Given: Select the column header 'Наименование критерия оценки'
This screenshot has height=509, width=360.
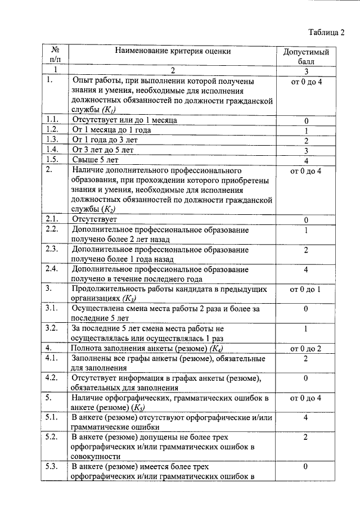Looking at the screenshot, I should click(x=173, y=51).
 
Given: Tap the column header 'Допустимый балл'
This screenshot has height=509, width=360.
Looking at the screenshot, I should click(x=306, y=57).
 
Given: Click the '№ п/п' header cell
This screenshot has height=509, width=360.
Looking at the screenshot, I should click(x=55, y=55).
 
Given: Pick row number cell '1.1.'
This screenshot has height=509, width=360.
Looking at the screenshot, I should click(x=53, y=120).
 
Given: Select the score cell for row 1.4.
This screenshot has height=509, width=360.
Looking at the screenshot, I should click(x=306, y=151).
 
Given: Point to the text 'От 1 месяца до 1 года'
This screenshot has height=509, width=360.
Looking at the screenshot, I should click(x=112, y=130).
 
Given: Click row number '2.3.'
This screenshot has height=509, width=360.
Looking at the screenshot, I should click(x=53, y=249).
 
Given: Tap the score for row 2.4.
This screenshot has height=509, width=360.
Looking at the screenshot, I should click(x=306, y=269).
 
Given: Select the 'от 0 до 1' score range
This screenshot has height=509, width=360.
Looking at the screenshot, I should click(x=306, y=289).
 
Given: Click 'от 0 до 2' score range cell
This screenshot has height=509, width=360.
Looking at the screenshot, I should click(x=306, y=349).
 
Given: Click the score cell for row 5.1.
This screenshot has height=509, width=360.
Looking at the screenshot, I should click(x=306, y=417).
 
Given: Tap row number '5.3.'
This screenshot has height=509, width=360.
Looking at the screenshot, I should click(x=53, y=466).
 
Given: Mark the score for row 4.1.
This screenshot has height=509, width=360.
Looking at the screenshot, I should click(x=306, y=358).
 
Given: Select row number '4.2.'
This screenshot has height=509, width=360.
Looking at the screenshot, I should click(x=53, y=378).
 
